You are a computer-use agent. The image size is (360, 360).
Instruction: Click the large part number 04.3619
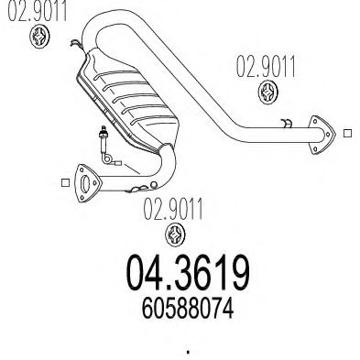tap(188, 273)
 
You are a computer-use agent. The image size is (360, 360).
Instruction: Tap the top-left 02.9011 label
tap(37, 11)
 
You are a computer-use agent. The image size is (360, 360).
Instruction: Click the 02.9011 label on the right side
tap(266, 67)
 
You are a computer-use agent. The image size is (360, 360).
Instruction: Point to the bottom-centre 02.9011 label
tap(173, 209)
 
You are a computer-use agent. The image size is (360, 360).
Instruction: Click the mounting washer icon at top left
tap(40, 37)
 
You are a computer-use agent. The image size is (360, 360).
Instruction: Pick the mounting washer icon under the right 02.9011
tap(268, 92)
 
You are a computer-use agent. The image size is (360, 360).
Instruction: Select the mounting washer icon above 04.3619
tap(175, 235)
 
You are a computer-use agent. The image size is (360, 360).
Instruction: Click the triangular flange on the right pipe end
tap(321, 135)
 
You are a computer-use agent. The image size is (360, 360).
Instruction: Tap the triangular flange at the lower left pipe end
tap(88, 183)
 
